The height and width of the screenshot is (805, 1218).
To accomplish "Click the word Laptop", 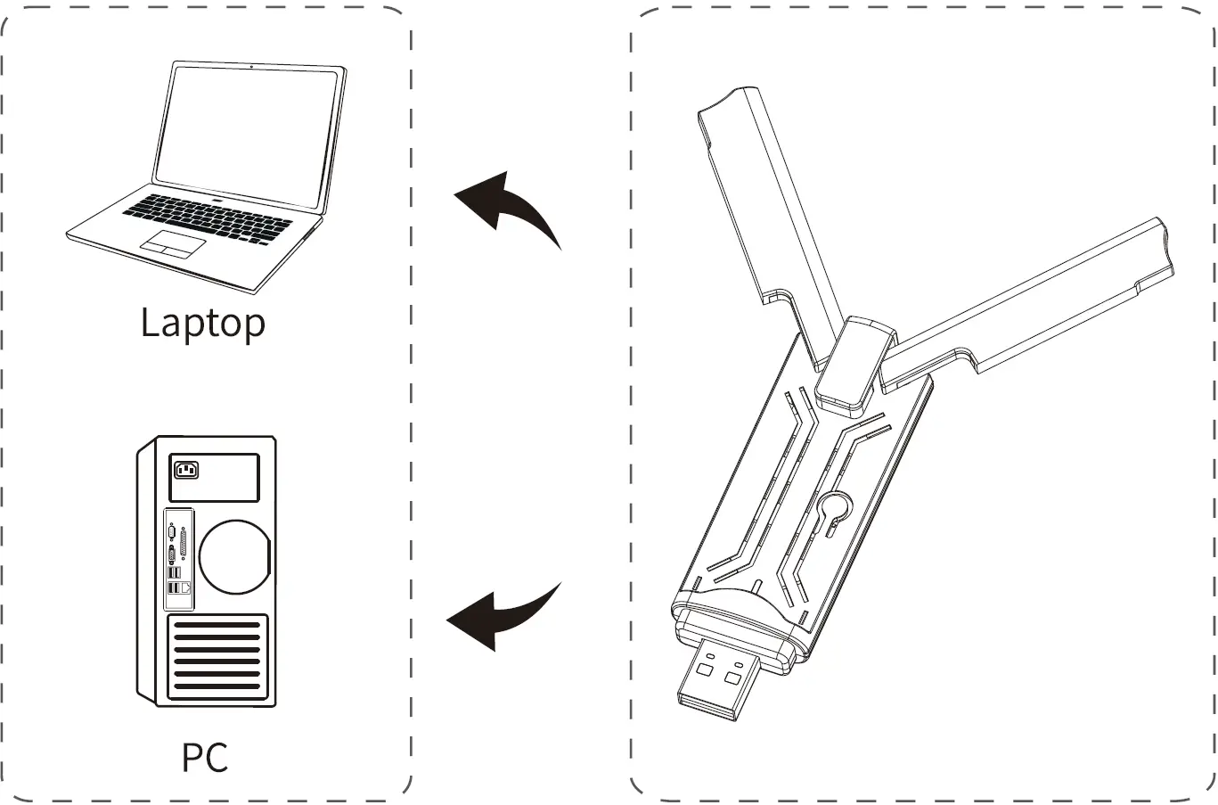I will pyautogui.click(x=203, y=323).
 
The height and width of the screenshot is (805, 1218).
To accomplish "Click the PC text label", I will pyautogui.click(x=205, y=757).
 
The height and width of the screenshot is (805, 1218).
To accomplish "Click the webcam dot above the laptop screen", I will pyautogui.click(x=253, y=67).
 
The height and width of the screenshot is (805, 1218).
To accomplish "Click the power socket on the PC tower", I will pyautogui.click(x=187, y=469).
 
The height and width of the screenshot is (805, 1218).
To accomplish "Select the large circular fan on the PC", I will pyautogui.click(x=233, y=554).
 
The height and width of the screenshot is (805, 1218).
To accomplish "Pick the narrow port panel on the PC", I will pyautogui.click(x=178, y=553).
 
